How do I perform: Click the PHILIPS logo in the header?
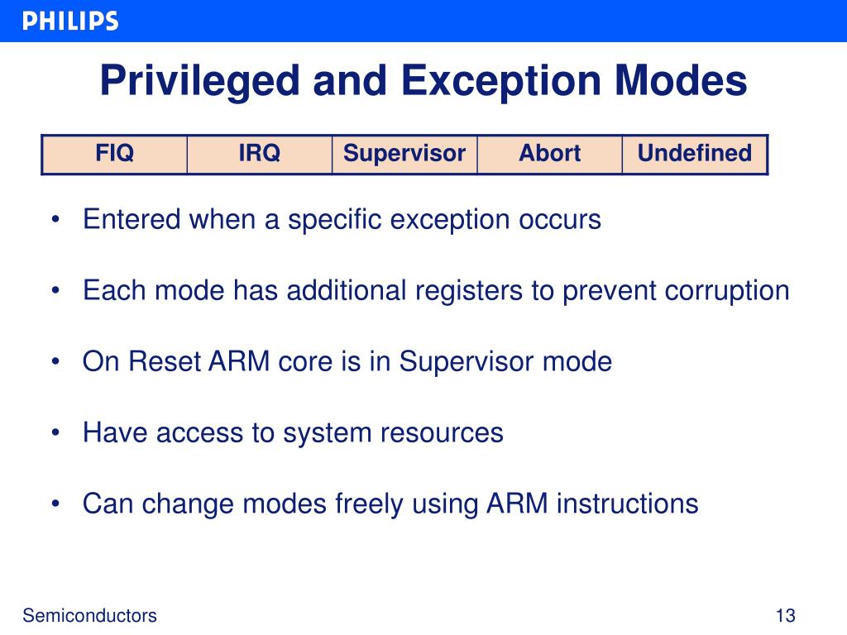coord(70,21)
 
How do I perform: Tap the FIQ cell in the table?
coord(114,154)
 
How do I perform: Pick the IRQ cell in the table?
coord(260,154)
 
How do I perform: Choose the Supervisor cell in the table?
coord(404,154)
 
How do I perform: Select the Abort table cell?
coord(550,154)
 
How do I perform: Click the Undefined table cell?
coord(695,154)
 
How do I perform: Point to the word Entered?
coord(132,220)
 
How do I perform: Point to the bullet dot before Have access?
coord(55,433)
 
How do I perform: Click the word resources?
coord(442,433)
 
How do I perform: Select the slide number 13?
coord(785,615)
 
